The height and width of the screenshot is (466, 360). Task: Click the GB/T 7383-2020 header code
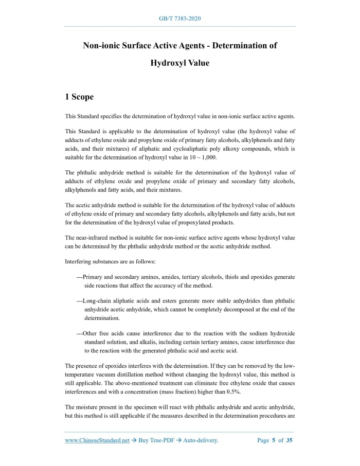pyautogui.click(x=179, y=19)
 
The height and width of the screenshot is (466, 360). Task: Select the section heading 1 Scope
pyautogui.click(x=79, y=97)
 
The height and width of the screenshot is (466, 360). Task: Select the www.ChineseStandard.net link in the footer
pyautogui.click(x=97, y=440)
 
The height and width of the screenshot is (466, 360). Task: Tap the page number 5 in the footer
pyautogui.click(x=274, y=440)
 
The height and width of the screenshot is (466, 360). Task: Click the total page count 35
pyautogui.click(x=290, y=440)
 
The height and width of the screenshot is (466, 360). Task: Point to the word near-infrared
pyautogui.click(x=92, y=238)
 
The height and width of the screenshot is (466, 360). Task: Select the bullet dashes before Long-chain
pyautogui.click(x=79, y=300)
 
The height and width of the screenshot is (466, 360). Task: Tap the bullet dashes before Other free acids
pyautogui.click(x=79, y=333)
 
